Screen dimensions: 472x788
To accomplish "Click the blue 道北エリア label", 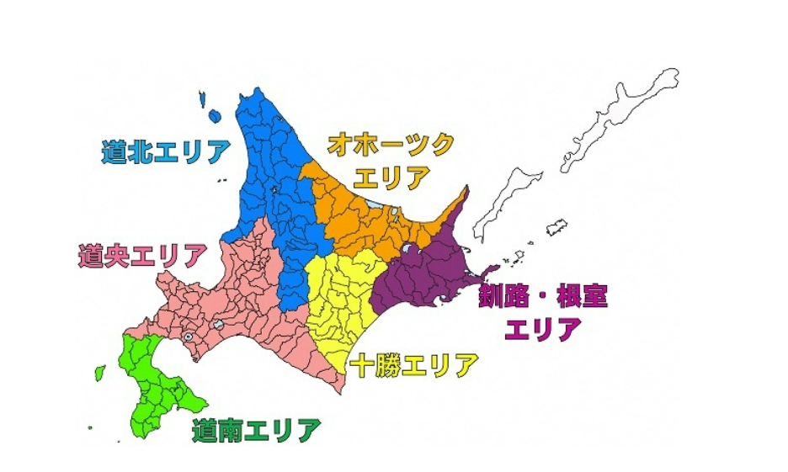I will point(166,151).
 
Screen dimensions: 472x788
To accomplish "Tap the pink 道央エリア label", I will point(141,256).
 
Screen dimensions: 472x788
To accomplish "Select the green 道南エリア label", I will point(256,432).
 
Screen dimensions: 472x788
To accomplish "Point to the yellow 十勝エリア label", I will point(414,365).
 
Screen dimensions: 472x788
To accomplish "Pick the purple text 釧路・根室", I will point(543,295).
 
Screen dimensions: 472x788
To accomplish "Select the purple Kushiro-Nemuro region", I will point(421,269).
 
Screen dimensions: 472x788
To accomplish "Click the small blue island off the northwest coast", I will point(215,116).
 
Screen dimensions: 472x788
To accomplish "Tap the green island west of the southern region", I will point(99,372).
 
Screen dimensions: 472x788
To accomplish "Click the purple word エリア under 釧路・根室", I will point(542,329).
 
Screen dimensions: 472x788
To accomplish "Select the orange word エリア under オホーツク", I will point(391,178).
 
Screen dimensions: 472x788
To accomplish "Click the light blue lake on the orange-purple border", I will point(409,249).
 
